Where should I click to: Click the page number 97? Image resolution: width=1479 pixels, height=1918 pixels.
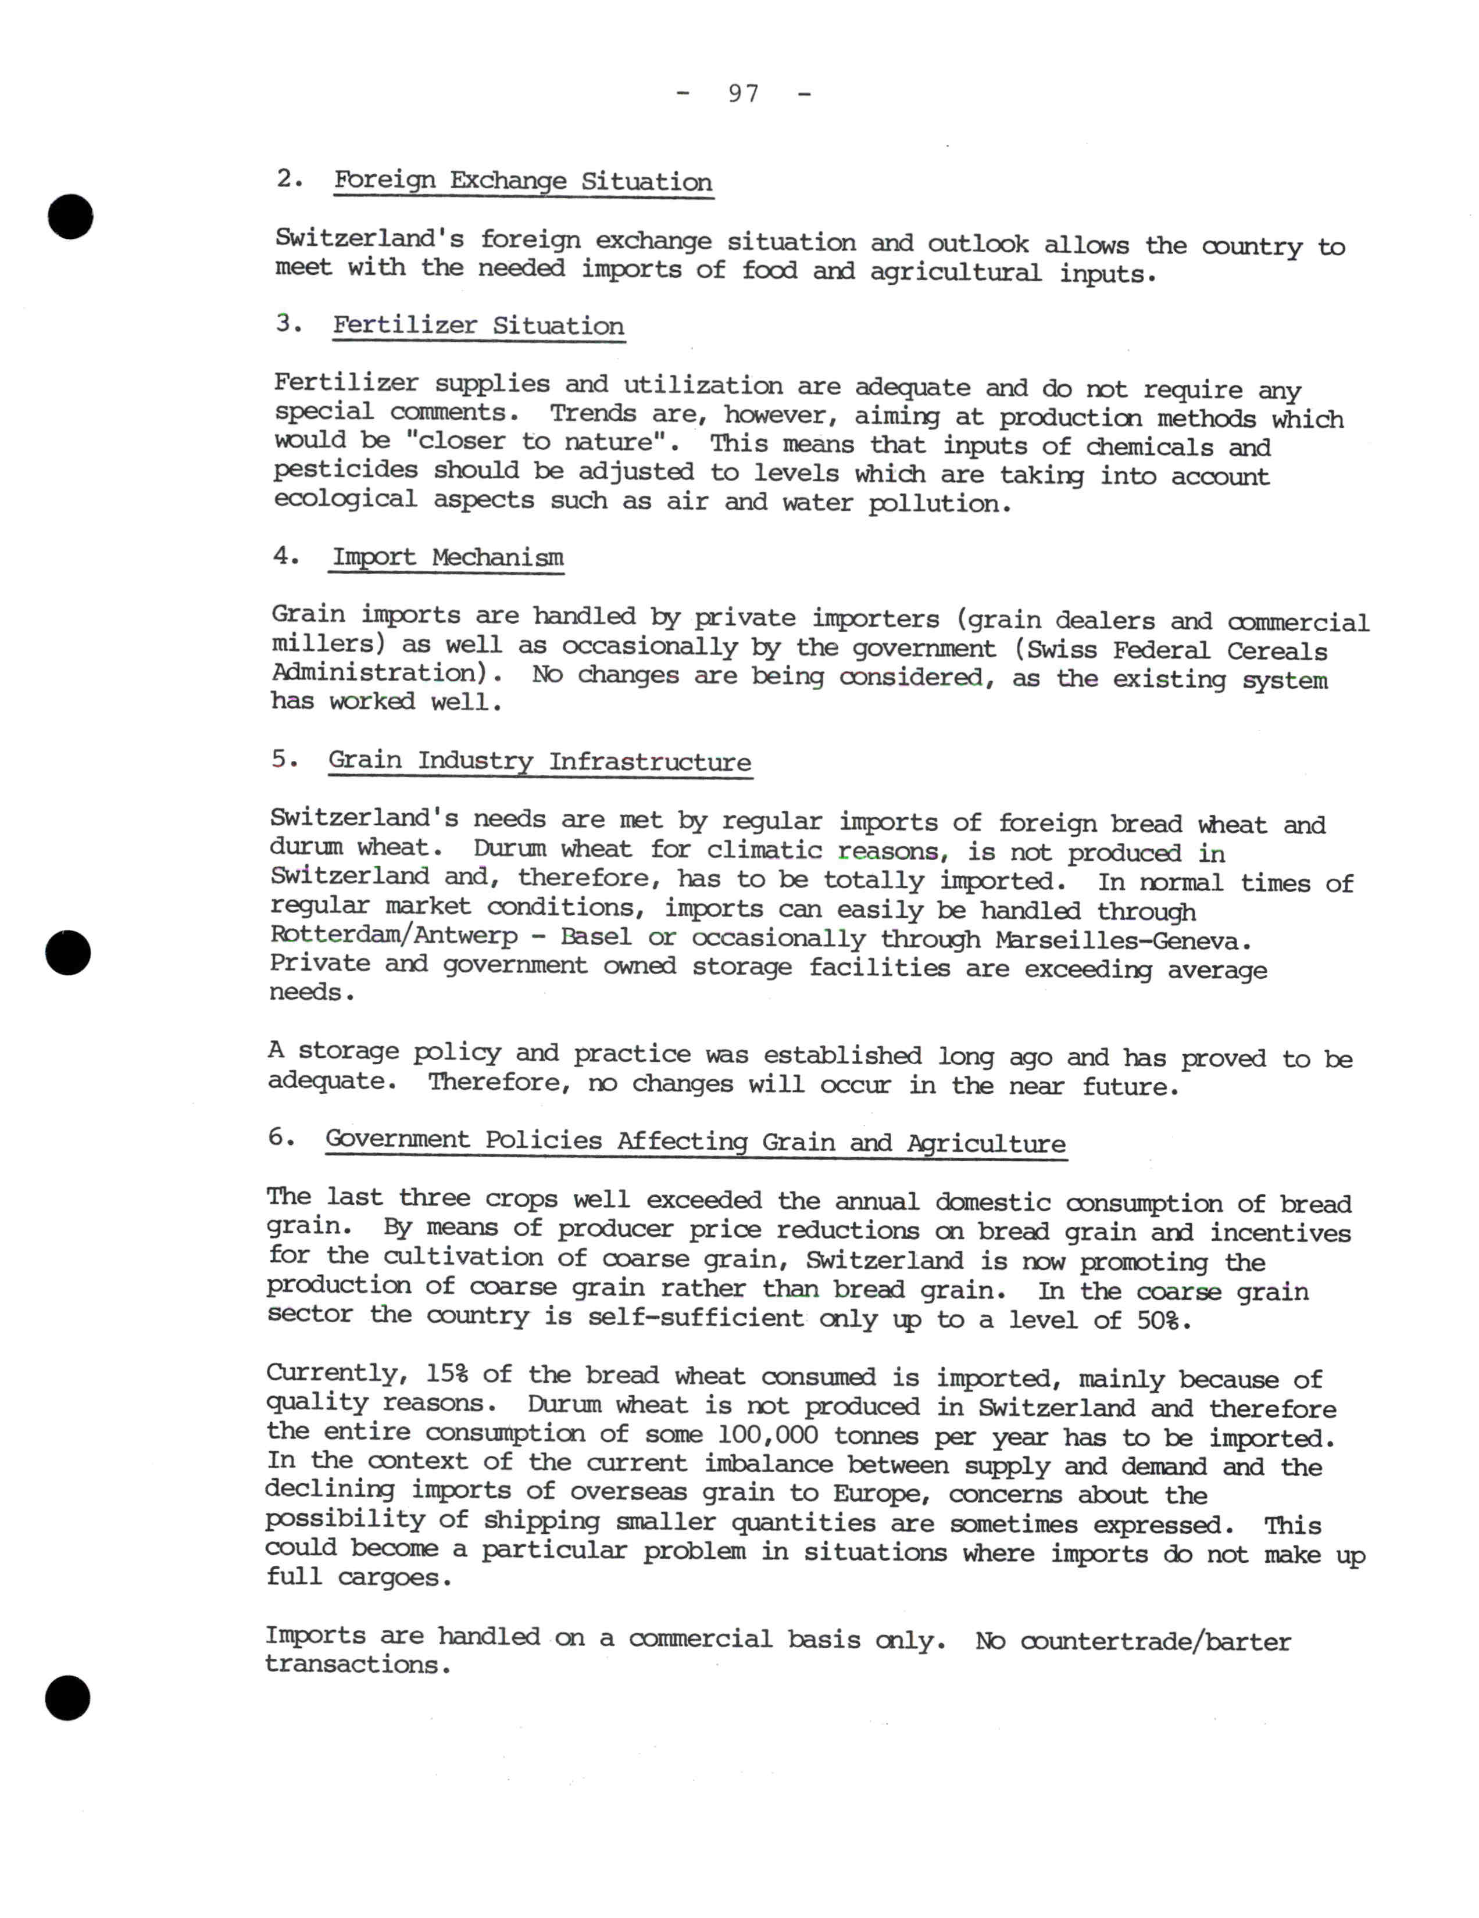coord(743,93)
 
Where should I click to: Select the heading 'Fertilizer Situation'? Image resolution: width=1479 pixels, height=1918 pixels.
coord(478,326)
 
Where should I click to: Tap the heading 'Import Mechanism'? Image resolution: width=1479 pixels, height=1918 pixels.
coord(447,557)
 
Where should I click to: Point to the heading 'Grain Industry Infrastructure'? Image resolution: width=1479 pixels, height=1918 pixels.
coord(540,761)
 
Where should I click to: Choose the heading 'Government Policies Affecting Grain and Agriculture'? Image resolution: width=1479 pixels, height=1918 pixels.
coord(695,1142)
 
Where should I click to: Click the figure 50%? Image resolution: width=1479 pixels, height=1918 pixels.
coord(1161,1320)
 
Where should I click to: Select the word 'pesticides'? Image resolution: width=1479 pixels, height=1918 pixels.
coord(345,470)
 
